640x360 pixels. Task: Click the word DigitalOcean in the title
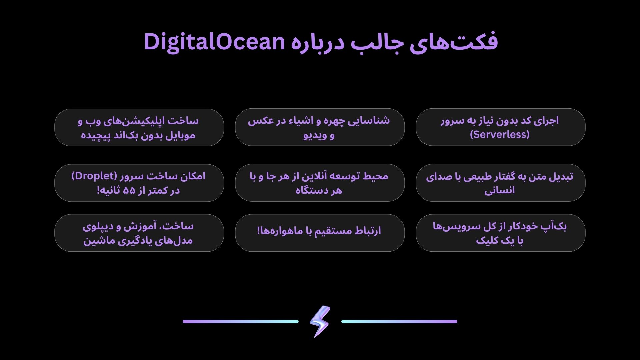point(214,42)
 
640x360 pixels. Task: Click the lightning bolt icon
point(320,321)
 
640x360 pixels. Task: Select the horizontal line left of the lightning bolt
point(241,322)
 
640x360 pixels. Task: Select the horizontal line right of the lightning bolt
point(399,322)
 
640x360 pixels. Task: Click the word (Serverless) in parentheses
point(500,134)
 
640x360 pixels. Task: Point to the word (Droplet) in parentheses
point(94,176)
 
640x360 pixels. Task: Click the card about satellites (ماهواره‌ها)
point(320,233)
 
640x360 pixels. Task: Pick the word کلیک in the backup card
point(487,240)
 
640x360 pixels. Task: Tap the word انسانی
point(500,190)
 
